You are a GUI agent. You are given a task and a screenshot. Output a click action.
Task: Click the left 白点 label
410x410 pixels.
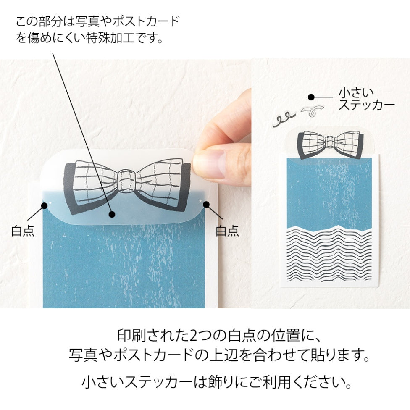(x=23, y=231)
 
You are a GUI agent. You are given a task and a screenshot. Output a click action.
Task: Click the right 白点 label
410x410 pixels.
(x=227, y=231)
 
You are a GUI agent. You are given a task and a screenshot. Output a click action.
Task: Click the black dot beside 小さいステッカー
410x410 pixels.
(x=311, y=97)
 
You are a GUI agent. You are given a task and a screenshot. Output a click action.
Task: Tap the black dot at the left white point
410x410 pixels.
(x=44, y=205)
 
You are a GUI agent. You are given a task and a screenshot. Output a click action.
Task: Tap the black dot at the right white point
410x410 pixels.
(x=206, y=205)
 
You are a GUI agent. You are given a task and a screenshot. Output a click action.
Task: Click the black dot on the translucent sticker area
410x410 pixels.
(x=112, y=215)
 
